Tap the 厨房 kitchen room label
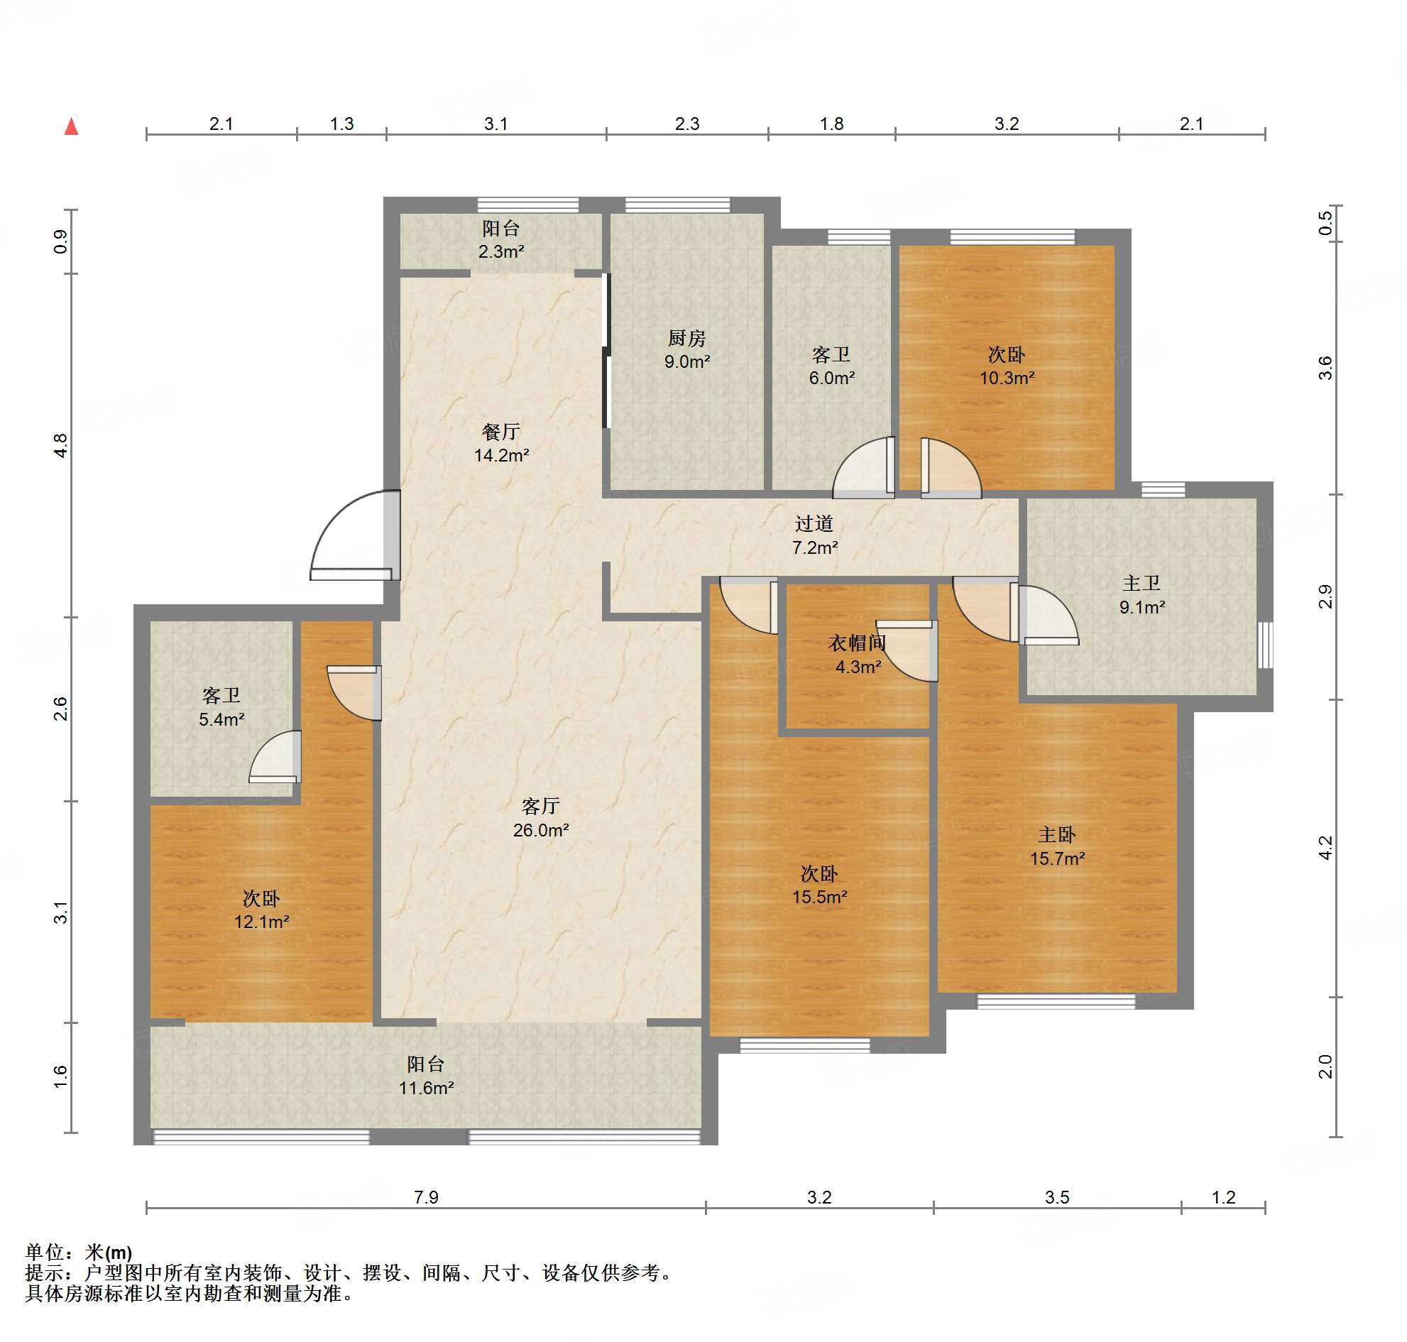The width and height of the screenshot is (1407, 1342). click(686, 338)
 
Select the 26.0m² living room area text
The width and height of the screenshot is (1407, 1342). click(541, 830)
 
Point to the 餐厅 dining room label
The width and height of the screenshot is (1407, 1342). click(500, 432)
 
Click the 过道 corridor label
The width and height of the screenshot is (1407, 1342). click(814, 523)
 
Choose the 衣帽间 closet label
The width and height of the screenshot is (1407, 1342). click(857, 643)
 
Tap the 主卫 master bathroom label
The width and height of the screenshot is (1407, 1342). click(1142, 583)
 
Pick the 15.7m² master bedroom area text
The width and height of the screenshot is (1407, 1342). click(1057, 858)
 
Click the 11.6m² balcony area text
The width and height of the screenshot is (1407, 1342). click(427, 1088)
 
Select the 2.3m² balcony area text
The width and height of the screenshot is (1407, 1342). click(500, 252)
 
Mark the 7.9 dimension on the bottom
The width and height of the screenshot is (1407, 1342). click(427, 1196)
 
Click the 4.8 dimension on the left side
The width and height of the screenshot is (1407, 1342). click(62, 446)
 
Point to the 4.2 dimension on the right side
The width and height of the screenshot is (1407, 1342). click(1325, 848)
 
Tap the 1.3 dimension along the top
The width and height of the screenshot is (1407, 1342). click(342, 124)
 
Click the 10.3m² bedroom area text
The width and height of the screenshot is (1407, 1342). click(1007, 378)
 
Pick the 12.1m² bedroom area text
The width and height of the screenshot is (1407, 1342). click(262, 922)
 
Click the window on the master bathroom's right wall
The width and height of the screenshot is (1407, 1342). click(1265, 645)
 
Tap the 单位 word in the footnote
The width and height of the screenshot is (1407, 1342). click(44, 1253)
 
